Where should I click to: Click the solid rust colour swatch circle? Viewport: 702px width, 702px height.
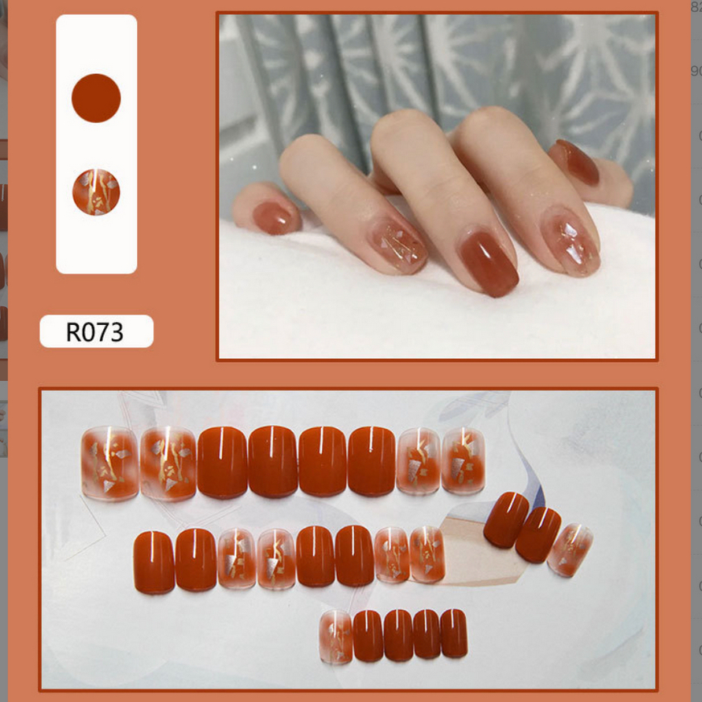tap(96, 98)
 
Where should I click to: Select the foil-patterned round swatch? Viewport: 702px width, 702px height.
tap(96, 192)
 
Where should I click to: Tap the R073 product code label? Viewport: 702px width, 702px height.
tap(96, 331)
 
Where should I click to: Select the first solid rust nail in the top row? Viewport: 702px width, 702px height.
tap(222, 462)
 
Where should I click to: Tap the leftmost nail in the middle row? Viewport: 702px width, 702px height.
tap(153, 561)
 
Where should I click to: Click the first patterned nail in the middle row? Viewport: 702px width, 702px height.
tap(236, 559)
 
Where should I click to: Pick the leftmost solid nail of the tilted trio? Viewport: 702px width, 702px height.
tap(506, 519)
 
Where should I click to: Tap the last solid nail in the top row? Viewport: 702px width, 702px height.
tap(371, 461)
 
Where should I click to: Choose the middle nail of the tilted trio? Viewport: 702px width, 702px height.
tap(538, 534)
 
